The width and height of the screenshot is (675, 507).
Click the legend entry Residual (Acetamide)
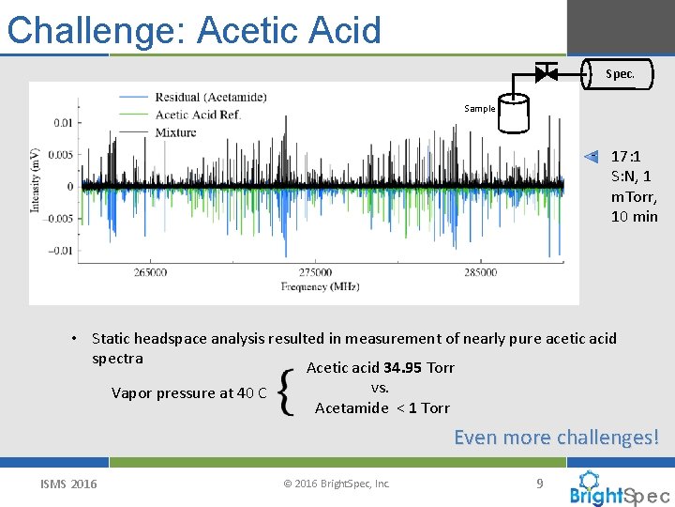coord(210,97)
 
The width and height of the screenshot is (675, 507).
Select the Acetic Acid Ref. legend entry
coord(198,115)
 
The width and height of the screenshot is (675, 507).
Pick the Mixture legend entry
coord(175,132)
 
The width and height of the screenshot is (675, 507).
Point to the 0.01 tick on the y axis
coord(61,122)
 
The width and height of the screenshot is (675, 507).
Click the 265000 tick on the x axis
coord(151,272)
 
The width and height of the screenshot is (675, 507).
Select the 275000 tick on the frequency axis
coord(316,272)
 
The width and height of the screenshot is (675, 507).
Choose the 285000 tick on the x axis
coord(480,272)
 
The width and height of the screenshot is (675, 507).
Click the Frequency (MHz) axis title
coord(320,286)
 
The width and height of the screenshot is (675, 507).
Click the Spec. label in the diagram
coord(619,73)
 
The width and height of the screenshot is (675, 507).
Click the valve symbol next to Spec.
coord(546,72)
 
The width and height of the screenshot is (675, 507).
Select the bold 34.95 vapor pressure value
coord(403,367)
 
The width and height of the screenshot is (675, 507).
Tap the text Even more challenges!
coord(556,438)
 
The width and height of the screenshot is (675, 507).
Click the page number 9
coord(539,483)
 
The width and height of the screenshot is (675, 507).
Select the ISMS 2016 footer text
coord(68,484)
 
